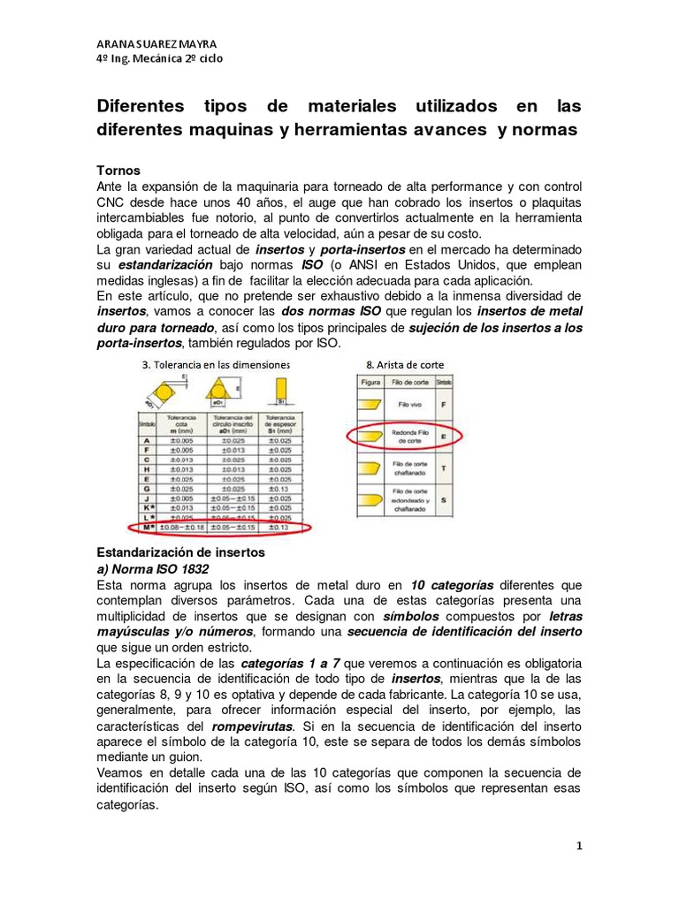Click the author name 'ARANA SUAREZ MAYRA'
(x=156, y=44)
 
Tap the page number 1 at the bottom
(x=579, y=846)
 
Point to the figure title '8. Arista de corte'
(x=405, y=364)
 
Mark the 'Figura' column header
(x=371, y=381)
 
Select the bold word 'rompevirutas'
(x=250, y=726)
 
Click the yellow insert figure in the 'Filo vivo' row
(x=371, y=404)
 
